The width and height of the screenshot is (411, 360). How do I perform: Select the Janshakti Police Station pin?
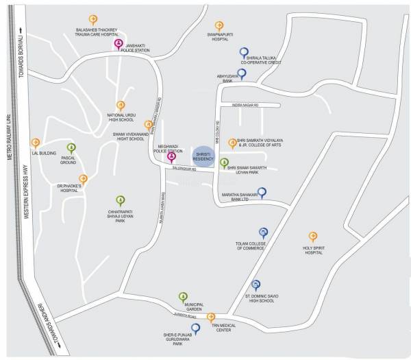click(x=119, y=45)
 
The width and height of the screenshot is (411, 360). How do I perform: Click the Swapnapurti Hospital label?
click(x=219, y=36)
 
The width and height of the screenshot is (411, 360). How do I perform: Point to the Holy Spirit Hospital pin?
click(x=313, y=237)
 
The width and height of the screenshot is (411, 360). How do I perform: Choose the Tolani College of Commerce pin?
click(x=262, y=233)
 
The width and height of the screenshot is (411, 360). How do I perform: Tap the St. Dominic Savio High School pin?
click(x=256, y=285)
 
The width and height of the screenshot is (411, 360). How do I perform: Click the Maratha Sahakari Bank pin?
click(x=261, y=192)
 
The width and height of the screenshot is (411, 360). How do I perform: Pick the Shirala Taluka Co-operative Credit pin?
click(x=244, y=52)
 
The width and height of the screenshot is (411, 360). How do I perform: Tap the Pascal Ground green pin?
click(x=70, y=147)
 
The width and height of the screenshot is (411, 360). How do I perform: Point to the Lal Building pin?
click(x=36, y=143)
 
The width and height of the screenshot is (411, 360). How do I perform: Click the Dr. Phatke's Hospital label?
click(x=69, y=189)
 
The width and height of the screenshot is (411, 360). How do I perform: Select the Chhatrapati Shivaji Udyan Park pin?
click(x=121, y=200)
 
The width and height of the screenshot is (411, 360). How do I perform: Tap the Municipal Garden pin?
click(x=183, y=296)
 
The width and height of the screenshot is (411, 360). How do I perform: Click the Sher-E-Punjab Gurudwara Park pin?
click(x=196, y=328)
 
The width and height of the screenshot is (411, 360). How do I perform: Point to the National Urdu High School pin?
click(x=121, y=105)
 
